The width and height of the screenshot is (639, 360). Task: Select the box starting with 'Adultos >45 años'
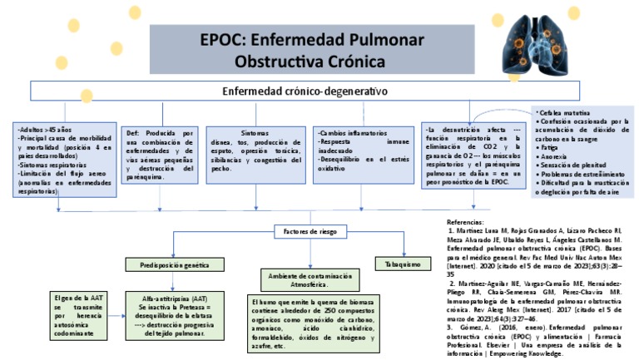(x=67, y=160)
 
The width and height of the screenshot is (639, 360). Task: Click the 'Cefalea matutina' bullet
(x=565, y=111)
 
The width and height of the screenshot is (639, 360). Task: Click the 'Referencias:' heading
(x=465, y=223)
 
